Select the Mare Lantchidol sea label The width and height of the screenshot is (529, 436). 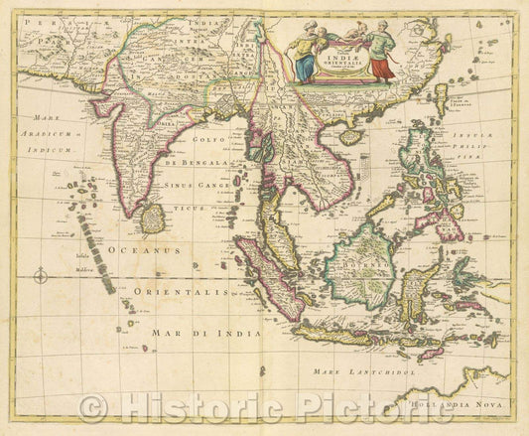367,371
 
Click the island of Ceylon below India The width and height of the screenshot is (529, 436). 152,217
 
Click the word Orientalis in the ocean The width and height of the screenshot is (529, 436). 174,293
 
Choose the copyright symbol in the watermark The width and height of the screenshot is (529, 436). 93,407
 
